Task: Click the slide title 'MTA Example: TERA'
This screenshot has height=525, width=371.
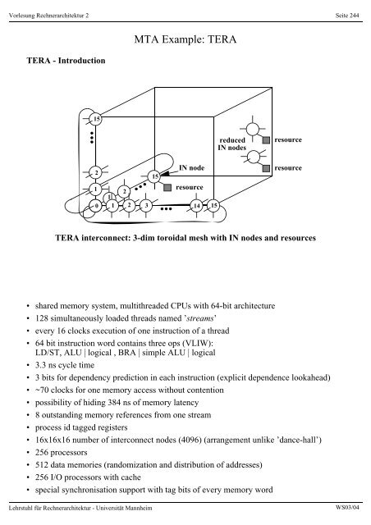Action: pos(185,37)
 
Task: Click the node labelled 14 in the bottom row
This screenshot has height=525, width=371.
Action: pos(196,204)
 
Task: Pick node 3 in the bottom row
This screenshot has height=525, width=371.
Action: pos(145,204)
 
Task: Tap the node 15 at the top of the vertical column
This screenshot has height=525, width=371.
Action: pos(96,120)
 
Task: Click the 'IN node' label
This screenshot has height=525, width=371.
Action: pos(190,168)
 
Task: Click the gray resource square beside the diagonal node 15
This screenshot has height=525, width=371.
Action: pos(167,187)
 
